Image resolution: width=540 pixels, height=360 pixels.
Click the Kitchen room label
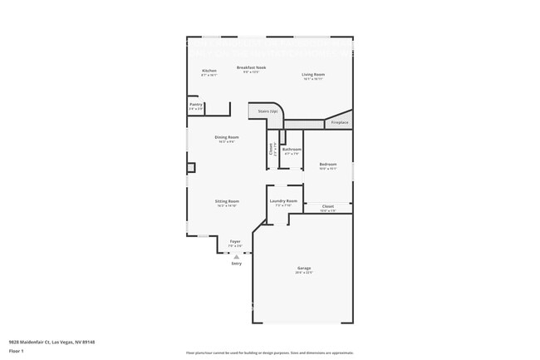pyautogui.click(x=209, y=71)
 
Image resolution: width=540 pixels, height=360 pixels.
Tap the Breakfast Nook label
pyautogui.click(x=251, y=67)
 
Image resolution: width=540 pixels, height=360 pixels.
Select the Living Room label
pyautogui.click(x=312, y=75)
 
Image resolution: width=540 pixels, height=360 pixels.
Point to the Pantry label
pyautogui.click(x=195, y=104)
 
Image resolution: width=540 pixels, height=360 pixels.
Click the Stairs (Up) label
pyautogui.click(x=268, y=110)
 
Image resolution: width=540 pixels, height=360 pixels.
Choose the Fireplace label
pyautogui.click(x=340, y=122)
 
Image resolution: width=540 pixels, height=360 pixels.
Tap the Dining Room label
pyautogui.click(x=227, y=137)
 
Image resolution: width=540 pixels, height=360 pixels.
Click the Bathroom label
pyautogui.click(x=292, y=150)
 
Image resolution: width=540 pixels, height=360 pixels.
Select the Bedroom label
pyautogui.click(x=327, y=164)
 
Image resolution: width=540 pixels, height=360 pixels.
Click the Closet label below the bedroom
pyautogui.click(x=327, y=205)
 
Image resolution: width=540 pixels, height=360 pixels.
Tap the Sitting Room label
pyautogui.click(x=228, y=201)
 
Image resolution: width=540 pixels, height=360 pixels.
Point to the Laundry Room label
pyautogui.click(x=284, y=200)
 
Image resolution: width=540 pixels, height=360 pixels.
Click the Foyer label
pyautogui.click(x=236, y=241)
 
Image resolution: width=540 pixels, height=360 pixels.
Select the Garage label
pyautogui.click(x=304, y=268)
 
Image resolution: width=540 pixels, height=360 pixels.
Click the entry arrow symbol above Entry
pyautogui.click(x=237, y=256)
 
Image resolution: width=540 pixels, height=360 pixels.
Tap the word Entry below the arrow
pyautogui.click(x=237, y=264)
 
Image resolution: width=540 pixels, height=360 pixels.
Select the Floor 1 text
pyautogui.click(x=17, y=350)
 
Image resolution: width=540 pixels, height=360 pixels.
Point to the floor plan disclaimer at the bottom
pyautogui.click(x=269, y=353)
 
